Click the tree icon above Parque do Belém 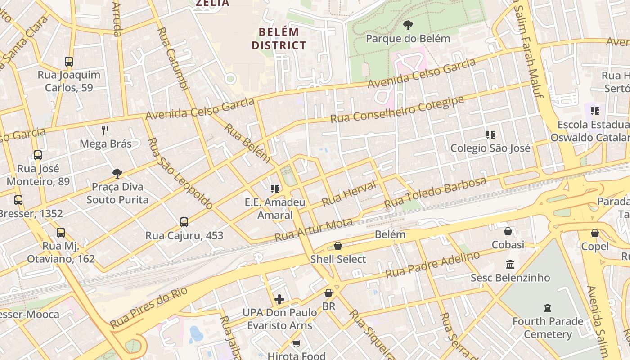[408, 25]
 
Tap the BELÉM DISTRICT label [279, 39]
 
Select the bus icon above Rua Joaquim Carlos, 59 [69, 62]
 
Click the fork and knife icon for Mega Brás [105, 130]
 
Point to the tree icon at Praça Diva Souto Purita [117, 174]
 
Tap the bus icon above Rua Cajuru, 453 [184, 222]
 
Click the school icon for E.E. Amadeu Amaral [275, 189]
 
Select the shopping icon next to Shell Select [338, 246]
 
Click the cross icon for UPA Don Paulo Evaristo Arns [279, 299]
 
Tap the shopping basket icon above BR [329, 293]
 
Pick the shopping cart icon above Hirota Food [296, 344]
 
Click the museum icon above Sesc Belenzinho [510, 264]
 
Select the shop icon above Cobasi [508, 231]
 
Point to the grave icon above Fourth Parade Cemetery [548, 308]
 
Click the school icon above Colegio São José [490, 135]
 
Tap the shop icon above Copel [595, 233]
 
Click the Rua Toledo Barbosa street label [435, 193]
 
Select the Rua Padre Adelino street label [432, 265]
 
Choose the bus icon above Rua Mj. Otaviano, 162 [61, 233]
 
